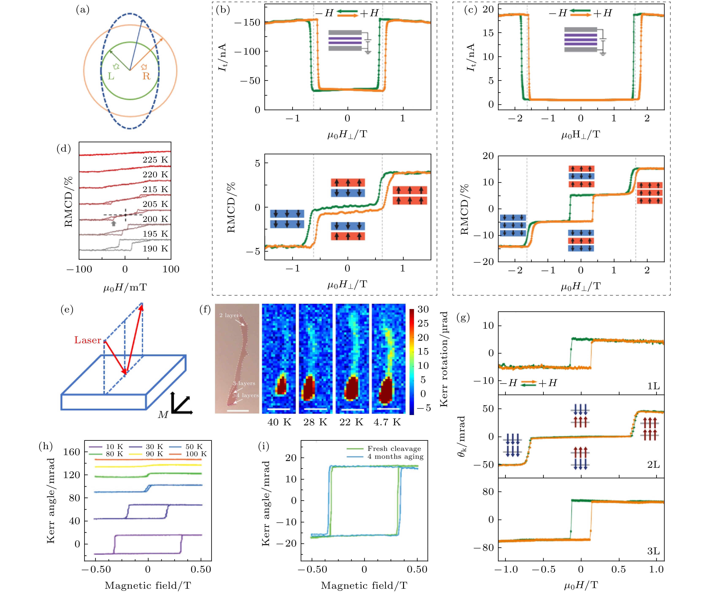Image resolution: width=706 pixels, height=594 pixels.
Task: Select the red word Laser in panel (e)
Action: (88, 340)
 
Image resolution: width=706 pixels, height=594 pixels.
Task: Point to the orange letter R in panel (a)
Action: (146, 76)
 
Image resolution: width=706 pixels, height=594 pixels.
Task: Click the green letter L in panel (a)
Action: (111, 76)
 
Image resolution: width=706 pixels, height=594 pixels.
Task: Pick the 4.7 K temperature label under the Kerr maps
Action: (387, 422)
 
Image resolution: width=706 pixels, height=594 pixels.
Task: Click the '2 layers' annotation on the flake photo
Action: (230, 315)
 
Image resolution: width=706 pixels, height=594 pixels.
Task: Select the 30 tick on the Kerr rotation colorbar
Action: (423, 309)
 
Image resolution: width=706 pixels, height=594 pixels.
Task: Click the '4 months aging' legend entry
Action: (395, 457)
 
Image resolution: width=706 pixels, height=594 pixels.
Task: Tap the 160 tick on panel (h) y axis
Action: (72, 452)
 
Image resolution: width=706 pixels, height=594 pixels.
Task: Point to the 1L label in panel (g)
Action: (653, 386)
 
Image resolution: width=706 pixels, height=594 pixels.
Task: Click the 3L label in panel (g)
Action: (653, 551)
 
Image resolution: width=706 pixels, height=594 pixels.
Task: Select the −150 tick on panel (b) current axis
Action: (247, 23)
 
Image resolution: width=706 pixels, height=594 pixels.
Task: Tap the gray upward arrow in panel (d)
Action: (114, 223)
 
